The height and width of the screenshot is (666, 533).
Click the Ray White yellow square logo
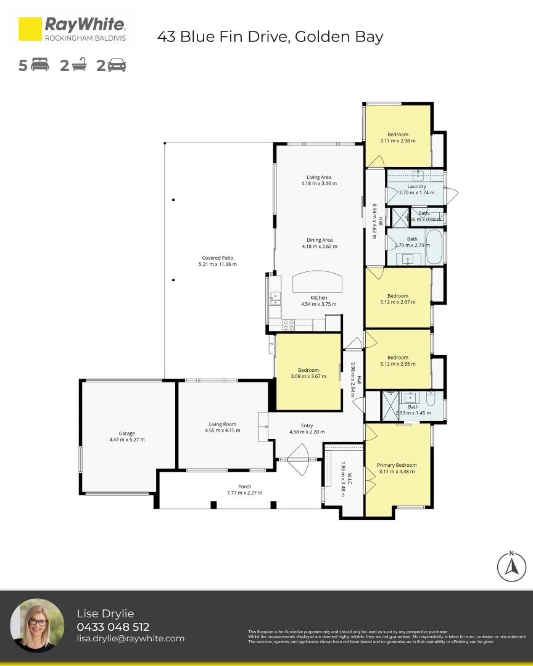(30, 29)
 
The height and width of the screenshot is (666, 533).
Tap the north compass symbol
(511, 565)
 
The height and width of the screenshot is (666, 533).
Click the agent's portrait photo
(38, 625)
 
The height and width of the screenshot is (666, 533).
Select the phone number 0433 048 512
(113, 627)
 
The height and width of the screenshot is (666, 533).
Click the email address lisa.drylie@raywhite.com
(131, 639)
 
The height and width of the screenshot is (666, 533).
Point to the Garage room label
(126, 434)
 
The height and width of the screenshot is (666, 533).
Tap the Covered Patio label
(218, 258)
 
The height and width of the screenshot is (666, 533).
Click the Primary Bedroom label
(397, 465)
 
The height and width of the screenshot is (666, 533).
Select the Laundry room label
(416, 186)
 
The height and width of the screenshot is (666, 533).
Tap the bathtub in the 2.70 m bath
(434, 247)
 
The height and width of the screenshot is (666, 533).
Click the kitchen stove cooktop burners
(288, 324)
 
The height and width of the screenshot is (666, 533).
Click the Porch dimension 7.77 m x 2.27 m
(244, 493)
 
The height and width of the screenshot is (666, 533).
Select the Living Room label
(223, 424)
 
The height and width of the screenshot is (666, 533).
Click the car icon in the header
(116, 65)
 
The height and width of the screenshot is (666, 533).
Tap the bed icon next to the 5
(39, 65)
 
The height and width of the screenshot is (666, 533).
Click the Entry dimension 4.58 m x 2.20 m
(307, 432)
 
